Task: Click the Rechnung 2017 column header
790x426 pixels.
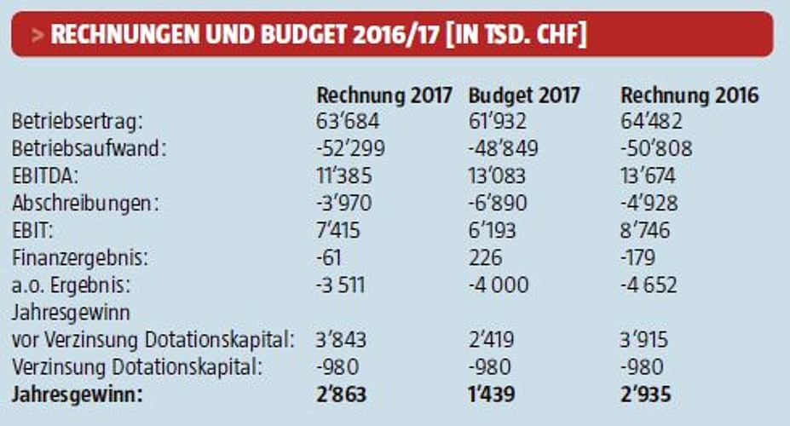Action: [x=383, y=95]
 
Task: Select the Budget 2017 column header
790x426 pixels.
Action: [x=524, y=95]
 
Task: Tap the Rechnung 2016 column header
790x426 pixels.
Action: [x=689, y=95]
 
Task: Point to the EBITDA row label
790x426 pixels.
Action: [x=42, y=176]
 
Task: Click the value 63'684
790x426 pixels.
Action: [x=347, y=122]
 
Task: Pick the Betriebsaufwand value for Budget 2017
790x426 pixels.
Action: [x=503, y=149]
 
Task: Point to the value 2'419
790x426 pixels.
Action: [x=492, y=340]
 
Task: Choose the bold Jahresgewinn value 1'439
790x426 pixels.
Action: [x=493, y=394]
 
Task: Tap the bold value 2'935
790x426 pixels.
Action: [x=645, y=394]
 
